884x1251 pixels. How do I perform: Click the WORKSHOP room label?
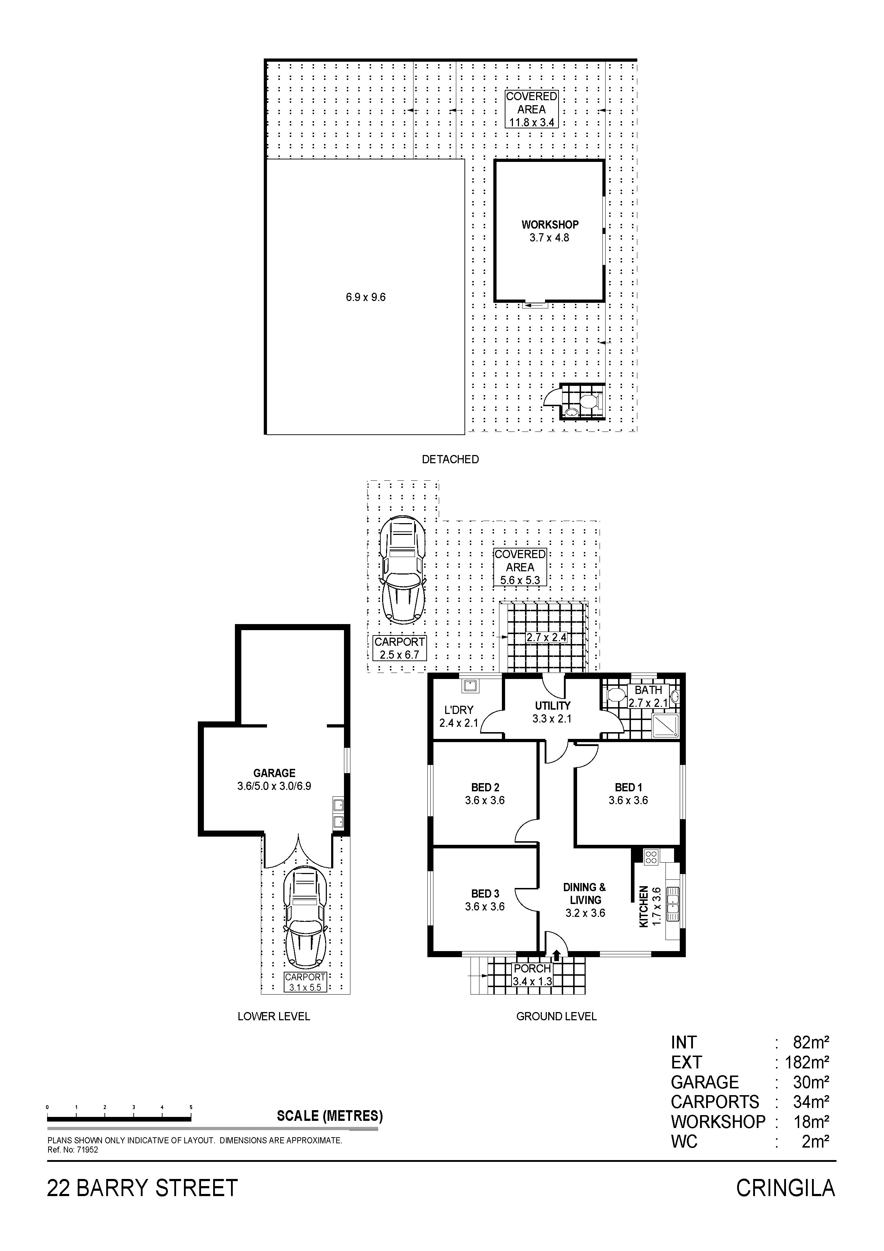(550, 224)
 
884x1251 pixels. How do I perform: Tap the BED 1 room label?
(628, 787)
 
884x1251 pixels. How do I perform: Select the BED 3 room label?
(485, 894)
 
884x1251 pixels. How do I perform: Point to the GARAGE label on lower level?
(274, 773)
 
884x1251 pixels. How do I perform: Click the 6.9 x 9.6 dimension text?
(365, 297)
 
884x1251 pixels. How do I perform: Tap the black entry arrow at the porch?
(556, 955)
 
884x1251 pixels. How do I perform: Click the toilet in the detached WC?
(590, 402)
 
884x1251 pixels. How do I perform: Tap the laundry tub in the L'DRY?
(469, 685)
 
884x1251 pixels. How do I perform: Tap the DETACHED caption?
(451, 459)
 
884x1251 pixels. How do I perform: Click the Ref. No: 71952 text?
(73, 1150)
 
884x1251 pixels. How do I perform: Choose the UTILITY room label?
(552, 706)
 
